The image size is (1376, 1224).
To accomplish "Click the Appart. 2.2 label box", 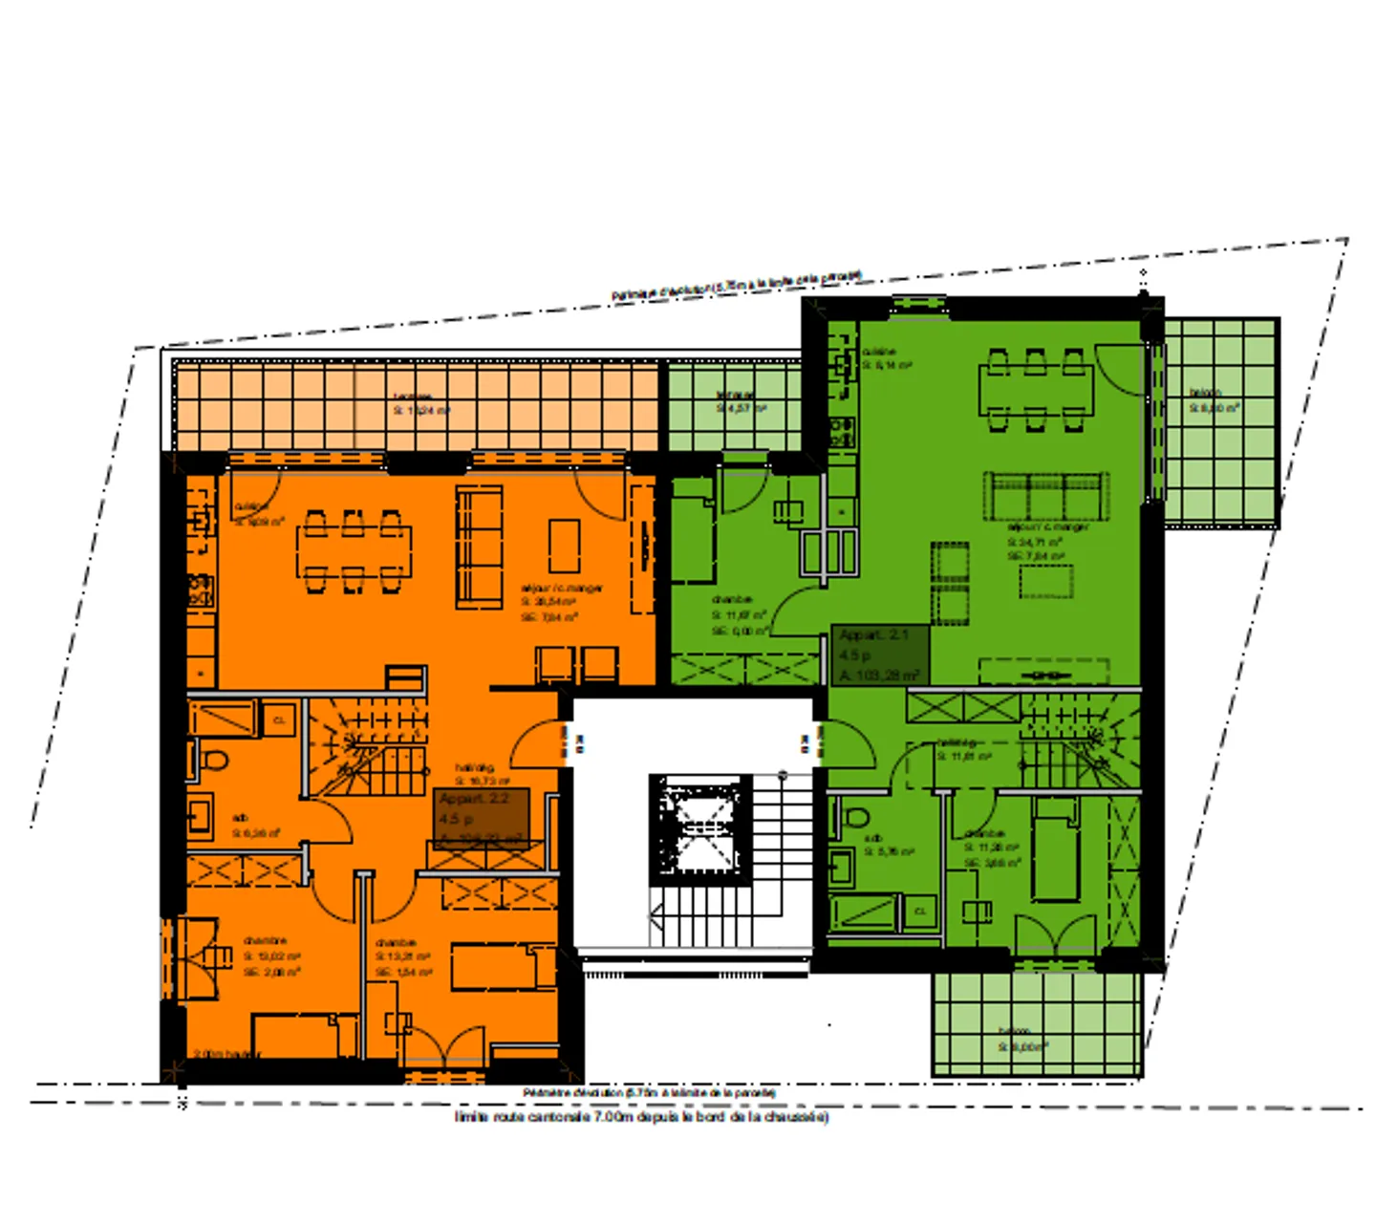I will coord(482,819).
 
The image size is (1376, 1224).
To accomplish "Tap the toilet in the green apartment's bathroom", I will coord(856,818).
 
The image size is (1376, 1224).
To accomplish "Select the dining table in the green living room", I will coord(1036,390).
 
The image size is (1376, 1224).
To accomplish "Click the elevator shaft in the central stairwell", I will coord(700,827).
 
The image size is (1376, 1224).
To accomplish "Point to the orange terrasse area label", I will coord(419,403).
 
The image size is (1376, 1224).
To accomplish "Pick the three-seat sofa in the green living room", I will coord(1046,496).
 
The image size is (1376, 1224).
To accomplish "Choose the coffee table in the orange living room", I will coord(564,545).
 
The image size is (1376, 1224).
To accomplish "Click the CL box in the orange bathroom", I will coord(279,719).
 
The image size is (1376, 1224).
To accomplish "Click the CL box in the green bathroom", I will coord(919,911).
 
